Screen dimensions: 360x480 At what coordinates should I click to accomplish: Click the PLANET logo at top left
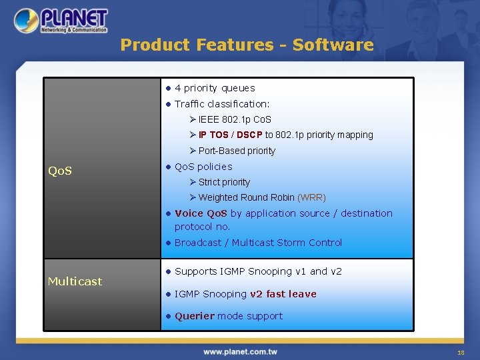coord(61,21)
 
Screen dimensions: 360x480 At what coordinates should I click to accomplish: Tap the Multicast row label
coord(75,281)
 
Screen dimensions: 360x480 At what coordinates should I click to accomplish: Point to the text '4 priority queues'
coord(215,88)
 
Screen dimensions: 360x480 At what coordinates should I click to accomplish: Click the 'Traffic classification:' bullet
coord(222,104)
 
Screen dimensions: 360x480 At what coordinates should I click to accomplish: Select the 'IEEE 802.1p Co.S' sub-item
coord(235,120)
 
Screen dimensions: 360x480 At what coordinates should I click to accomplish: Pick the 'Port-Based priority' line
coord(237,151)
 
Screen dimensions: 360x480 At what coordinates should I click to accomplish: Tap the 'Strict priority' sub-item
coord(224,183)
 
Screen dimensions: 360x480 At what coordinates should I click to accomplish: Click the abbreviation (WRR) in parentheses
coord(311,198)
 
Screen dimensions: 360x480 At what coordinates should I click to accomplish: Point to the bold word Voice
coord(189,213)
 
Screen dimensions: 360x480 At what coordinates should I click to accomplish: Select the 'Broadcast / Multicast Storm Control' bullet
coord(258,243)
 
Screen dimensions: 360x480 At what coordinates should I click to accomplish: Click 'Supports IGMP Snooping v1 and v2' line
coord(258,271)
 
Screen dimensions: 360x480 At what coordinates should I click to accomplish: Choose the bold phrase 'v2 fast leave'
coord(283,294)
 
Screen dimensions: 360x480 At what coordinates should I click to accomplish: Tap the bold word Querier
coord(195,316)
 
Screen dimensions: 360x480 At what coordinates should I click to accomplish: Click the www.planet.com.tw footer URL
coord(240,351)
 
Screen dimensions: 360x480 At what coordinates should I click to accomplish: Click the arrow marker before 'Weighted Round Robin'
coord(193,198)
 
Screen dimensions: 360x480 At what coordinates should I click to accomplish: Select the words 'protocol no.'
coord(202,227)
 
